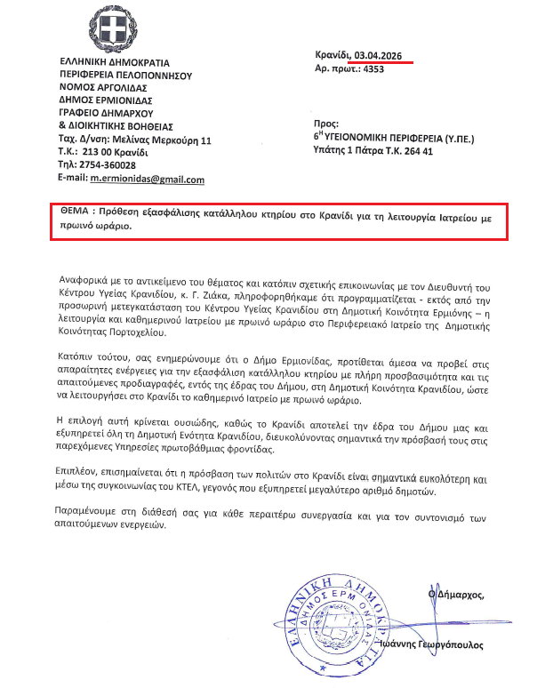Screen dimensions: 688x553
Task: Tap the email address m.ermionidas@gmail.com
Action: (x=148, y=180)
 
